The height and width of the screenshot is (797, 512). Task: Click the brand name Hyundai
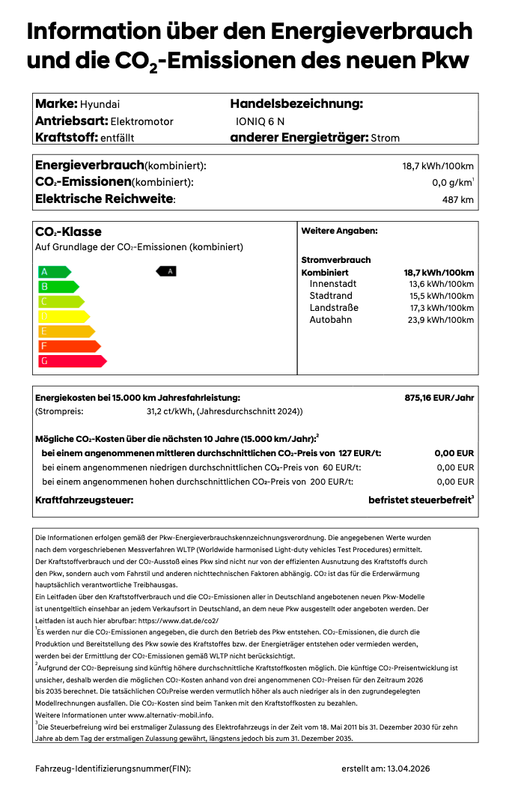tap(100, 104)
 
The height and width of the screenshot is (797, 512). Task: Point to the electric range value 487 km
tap(457, 200)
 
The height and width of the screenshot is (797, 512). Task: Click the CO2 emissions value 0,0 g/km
tap(451, 183)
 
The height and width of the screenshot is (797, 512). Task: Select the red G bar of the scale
tap(72, 361)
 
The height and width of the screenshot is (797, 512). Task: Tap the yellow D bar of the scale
tap(63, 316)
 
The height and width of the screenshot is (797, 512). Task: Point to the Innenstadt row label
tap(333, 284)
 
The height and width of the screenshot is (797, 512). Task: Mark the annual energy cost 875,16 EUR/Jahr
tap(439, 398)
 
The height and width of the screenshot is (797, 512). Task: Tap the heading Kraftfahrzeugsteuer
tap(85, 500)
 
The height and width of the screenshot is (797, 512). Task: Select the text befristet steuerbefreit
tap(419, 500)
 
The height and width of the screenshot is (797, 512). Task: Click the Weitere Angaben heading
tap(339, 231)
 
